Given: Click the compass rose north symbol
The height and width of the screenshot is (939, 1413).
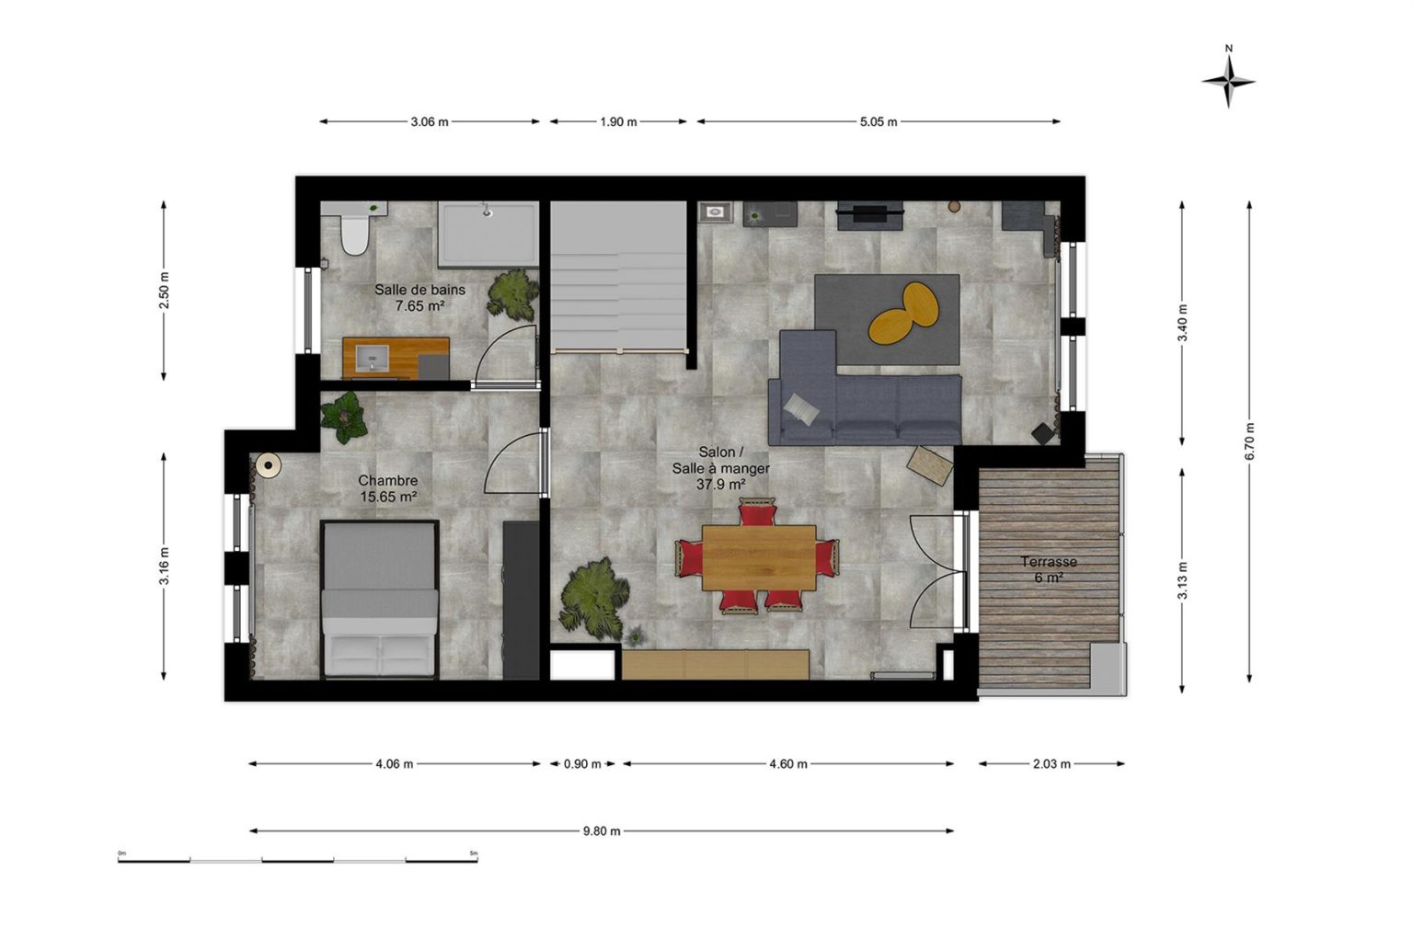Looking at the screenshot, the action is click(1228, 81).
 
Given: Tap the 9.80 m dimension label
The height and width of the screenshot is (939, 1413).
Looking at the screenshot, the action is click(602, 831).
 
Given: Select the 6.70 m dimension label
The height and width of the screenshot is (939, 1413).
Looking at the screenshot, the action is click(1249, 441).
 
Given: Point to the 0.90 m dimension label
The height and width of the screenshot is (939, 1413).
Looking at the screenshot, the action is click(582, 763).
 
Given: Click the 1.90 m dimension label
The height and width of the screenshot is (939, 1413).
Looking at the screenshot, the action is click(618, 121).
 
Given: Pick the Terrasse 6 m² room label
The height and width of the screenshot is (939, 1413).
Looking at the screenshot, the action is click(1049, 569).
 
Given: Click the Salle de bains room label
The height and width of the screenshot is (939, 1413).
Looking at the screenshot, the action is click(420, 290).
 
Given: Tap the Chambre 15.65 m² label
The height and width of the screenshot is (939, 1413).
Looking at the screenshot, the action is click(388, 488).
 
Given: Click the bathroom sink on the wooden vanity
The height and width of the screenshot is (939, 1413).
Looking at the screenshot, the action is click(372, 358).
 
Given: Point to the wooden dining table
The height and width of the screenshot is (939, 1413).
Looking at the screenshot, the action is click(759, 557).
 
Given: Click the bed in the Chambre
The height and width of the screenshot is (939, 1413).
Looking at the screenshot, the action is click(379, 599).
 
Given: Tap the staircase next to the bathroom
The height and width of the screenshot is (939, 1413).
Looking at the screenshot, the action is click(618, 276).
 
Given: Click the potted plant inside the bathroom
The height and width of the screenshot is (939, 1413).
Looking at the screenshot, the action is click(512, 293).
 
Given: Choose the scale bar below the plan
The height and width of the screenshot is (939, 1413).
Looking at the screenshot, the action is click(298, 860).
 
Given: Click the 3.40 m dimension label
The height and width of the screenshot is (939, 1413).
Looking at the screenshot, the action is click(1182, 322).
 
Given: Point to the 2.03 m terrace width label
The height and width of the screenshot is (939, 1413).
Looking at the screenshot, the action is click(1051, 763).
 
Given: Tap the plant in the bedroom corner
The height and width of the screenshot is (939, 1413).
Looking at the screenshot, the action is click(344, 417).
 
